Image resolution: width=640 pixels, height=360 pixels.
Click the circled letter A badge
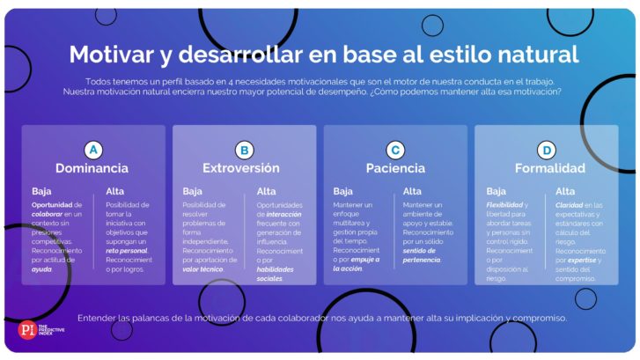pos(93,150)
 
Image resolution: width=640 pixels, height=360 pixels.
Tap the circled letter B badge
pos(245,151)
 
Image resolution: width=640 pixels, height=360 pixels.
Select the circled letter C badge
pos(395,151)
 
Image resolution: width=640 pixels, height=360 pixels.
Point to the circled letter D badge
pos(547,151)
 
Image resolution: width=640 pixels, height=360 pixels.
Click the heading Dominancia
pos(92,168)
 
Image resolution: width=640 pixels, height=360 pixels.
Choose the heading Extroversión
pos(241,168)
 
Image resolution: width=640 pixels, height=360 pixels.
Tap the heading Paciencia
pos(395,168)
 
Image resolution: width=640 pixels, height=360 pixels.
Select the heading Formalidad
pos(550,168)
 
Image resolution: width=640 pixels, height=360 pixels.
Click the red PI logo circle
pos(27,330)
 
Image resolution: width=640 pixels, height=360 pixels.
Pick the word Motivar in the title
pos(112,55)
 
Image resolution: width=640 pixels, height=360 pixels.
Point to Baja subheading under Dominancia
pos(41,191)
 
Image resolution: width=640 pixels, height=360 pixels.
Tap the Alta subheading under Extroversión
pos(266,191)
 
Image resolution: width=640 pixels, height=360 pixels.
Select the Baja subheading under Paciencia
pos(342,191)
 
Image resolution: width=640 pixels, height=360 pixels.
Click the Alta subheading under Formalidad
pos(565,191)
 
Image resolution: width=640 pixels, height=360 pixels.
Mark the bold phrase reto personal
pos(127,251)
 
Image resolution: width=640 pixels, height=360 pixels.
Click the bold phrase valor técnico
pos(202,269)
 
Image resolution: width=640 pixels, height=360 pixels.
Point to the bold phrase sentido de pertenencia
pos(421,255)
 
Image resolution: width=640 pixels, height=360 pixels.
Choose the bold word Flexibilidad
pos(504,205)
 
